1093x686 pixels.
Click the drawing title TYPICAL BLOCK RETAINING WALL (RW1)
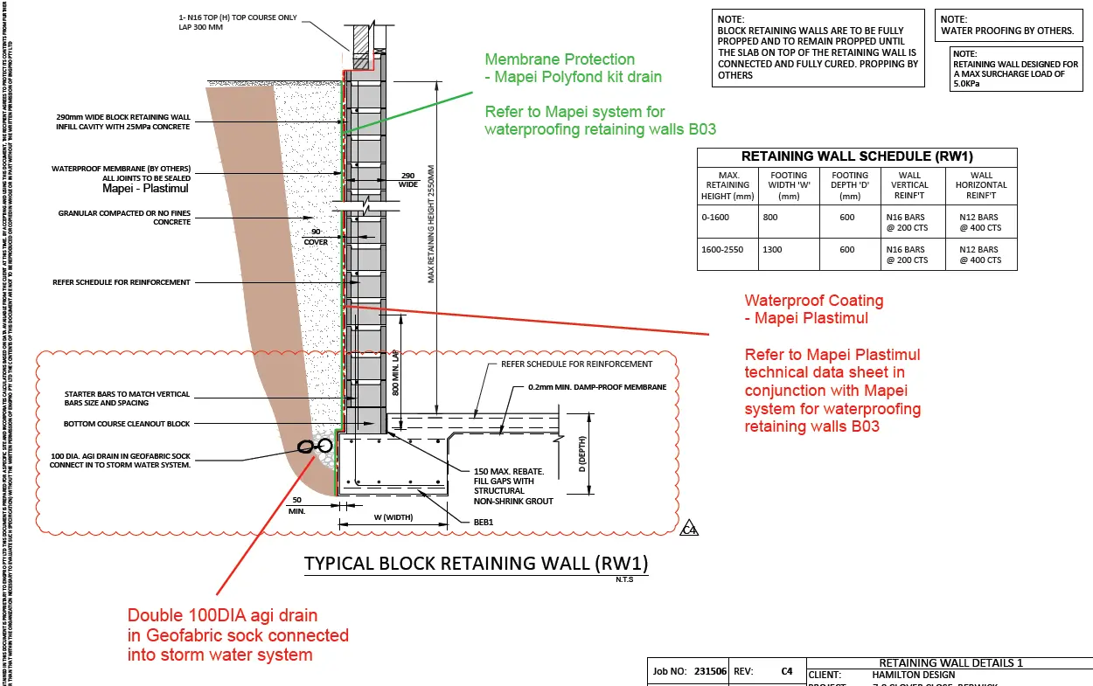(x=477, y=563)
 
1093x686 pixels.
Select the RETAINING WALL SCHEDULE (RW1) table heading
(x=857, y=156)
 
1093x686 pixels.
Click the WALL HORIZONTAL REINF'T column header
(x=981, y=184)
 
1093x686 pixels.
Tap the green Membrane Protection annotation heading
(x=560, y=59)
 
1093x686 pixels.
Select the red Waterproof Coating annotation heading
(x=813, y=301)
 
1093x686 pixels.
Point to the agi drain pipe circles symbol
(x=315, y=446)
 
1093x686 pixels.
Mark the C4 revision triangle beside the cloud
(x=690, y=529)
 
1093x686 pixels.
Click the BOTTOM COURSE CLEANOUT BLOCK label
(x=127, y=424)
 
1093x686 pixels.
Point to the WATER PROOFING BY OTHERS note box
(x=1006, y=24)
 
